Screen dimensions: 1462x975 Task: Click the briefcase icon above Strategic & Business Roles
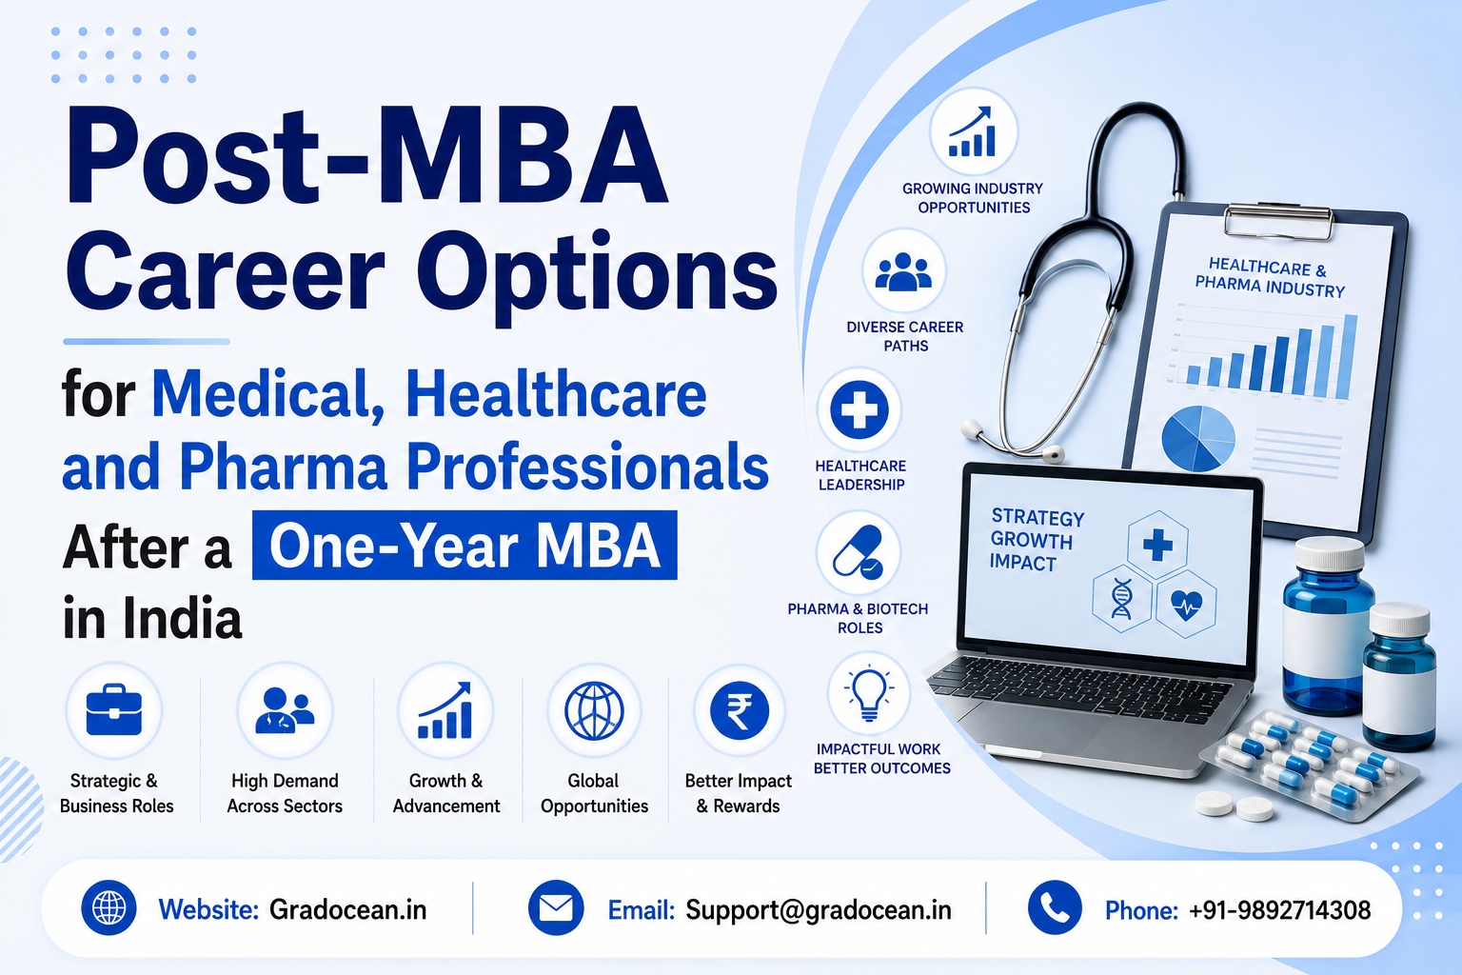coord(114,709)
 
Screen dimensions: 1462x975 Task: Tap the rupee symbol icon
coord(739,710)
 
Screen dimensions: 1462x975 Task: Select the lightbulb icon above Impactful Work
coord(869,693)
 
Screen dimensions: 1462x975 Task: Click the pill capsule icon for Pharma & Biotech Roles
coord(858,552)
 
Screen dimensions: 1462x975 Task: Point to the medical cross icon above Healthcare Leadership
coord(859,409)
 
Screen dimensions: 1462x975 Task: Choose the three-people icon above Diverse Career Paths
coord(904,271)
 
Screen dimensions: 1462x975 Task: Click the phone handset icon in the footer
coord(1055,907)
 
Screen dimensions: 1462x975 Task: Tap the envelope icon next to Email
coord(556,907)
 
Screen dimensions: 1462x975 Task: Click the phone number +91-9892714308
coord(1279,910)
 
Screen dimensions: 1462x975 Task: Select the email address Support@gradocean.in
coord(819,910)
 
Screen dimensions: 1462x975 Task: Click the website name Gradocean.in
coord(347,909)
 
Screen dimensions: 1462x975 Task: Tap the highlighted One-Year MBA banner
coord(464,546)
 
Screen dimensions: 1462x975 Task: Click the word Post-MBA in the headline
coord(366,157)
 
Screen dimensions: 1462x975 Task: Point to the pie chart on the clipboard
coord(1198,438)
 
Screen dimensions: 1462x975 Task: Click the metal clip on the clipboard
coord(1277,218)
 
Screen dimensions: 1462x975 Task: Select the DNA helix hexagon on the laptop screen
coord(1121,598)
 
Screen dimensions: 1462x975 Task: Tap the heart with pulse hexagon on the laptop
coord(1186,604)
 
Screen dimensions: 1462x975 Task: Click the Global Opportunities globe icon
coord(594,710)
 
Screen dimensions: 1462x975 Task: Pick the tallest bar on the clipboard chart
coord(1347,356)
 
